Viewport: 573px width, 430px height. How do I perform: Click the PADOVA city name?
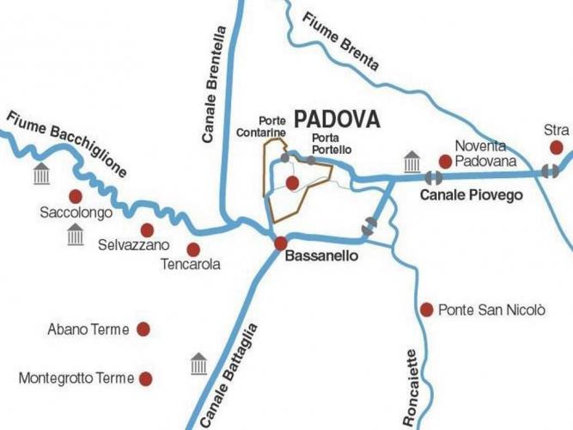click(337, 119)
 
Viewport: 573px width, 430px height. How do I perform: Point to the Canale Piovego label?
click(471, 195)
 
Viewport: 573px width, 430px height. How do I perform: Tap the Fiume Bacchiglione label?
click(66, 144)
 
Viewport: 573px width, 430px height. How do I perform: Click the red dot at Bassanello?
click(280, 244)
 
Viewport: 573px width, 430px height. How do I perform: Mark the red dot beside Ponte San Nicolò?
click(426, 309)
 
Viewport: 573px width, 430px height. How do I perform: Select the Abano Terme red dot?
click(143, 329)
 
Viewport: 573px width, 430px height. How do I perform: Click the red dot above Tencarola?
click(193, 249)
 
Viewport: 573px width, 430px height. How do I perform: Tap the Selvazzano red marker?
click(147, 230)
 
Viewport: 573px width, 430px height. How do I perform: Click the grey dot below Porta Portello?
click(310, 160)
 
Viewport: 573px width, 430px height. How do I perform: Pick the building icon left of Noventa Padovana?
click(411, 161)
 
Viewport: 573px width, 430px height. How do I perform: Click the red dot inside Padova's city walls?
click(292, 182)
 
